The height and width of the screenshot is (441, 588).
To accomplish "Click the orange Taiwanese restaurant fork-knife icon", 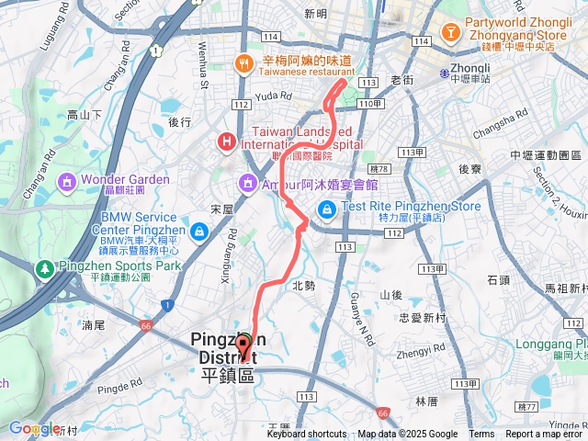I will click(x=243, y=63).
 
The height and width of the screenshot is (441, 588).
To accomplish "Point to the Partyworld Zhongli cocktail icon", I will click(x=451, y=33).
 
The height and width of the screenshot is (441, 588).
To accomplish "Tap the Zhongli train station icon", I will click(x=444, y=72).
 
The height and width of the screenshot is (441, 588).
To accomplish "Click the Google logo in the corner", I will click(x=33, y=428).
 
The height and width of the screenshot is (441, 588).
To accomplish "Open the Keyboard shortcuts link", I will click(x=307, y=435).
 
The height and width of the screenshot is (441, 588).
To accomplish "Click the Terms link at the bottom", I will click(x=481, y=435).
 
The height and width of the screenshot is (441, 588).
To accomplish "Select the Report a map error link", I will click(x=546, y=435).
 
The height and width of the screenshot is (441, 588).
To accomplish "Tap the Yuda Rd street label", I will click(x=274, y=95).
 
